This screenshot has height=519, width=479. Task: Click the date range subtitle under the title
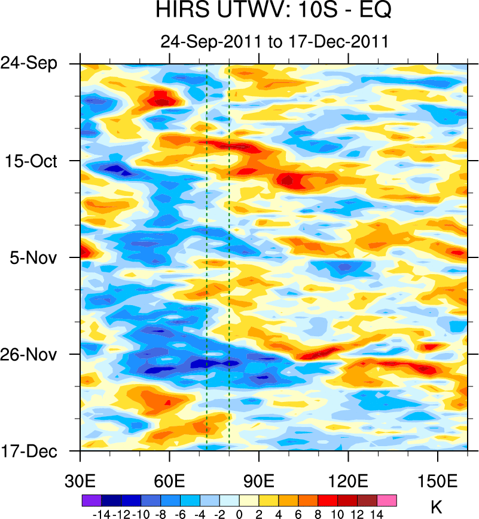pyautogui.click(x=274, y=42)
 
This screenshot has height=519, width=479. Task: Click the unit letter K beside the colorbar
pyautogui.click(x=437, y=508)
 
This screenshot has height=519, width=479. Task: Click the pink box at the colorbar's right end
pyautogui.click(x=387, y=500)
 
